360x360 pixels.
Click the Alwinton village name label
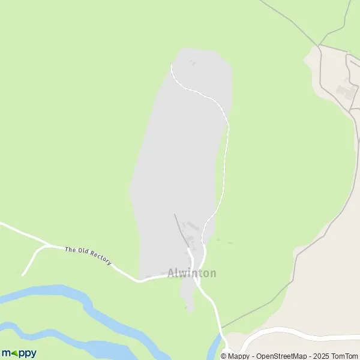coord(192,274)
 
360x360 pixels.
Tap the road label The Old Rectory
coord(88,256)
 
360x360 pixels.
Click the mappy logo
coord(19,353)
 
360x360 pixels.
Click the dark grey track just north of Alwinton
coord(180,228)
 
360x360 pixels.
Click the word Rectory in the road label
coord(100,260)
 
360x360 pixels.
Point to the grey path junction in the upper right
coord(319,45)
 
